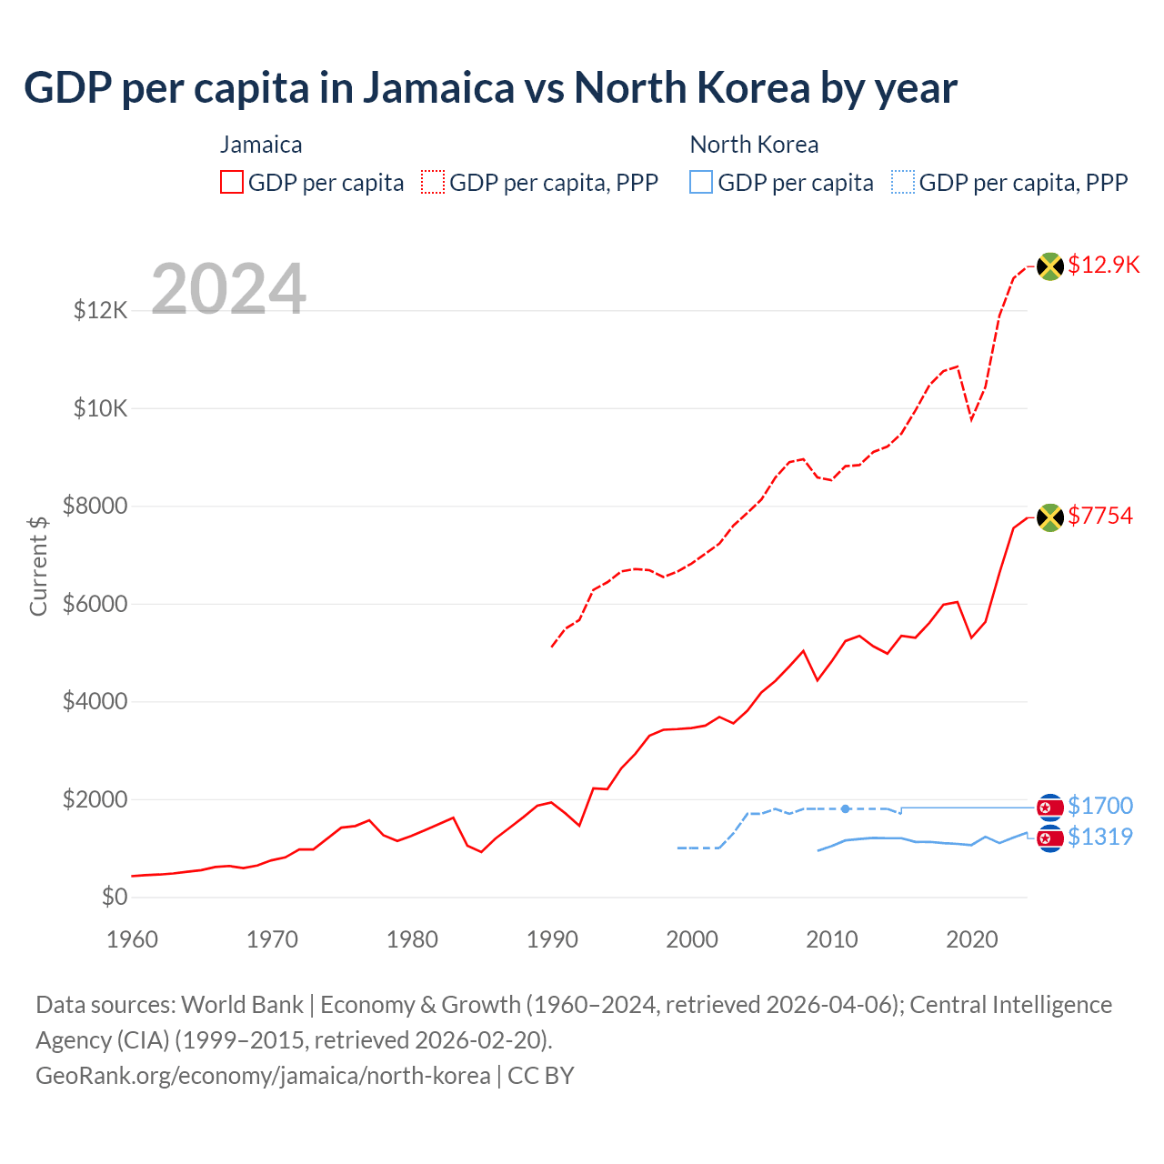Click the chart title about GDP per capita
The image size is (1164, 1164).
[490, 88]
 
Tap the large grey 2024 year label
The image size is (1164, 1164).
[228, 289]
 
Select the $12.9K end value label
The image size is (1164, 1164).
[1103, 265]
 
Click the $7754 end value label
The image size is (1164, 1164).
[1100, 516]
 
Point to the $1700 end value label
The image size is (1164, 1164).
[1100, 806]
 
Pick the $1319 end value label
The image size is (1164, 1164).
[1100, 837]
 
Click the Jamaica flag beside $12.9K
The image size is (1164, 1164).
[1050, 266]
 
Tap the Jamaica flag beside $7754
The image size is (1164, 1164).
[1050, 517]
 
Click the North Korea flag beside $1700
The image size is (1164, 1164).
[1050, 808]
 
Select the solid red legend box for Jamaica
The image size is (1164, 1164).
[232, 183]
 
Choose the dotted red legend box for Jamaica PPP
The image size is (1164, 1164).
[433, 183]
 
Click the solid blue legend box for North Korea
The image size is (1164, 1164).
[701, 183]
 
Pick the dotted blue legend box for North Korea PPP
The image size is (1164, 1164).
[903, 183]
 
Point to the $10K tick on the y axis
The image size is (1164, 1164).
[101, 408]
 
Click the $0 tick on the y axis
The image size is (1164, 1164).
[115, 898]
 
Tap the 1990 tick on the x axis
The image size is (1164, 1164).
[552, 939]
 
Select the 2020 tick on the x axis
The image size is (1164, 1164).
[972, 939]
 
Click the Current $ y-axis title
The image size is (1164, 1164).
[38, 566]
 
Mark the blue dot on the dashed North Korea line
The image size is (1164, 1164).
[846, 808]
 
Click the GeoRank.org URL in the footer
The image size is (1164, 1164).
[263, 1076]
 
